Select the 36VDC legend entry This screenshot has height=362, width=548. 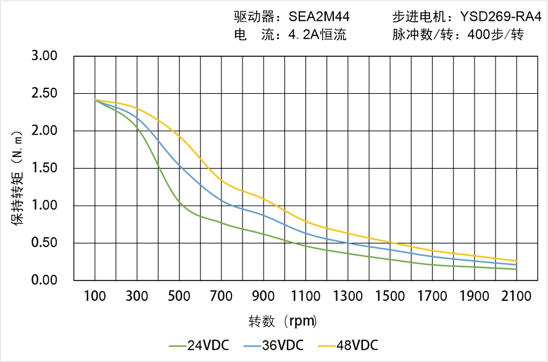click(x=282, y=345)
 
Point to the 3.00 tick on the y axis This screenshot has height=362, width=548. click(x=44, y=56)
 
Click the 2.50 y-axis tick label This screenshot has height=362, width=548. click(x=44, y=93)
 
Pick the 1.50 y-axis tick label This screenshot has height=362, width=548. click(x=44, y=168)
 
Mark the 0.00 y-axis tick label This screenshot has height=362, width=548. click(x=44, y=280)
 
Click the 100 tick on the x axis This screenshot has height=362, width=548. click(x=94, y=297)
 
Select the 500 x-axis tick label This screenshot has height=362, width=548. click(x=179, y=297)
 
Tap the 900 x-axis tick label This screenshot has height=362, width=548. click(x=264, y=297)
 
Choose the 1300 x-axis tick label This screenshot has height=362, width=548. click(x=348, y=297)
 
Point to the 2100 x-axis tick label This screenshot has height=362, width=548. click(x=517, y=297)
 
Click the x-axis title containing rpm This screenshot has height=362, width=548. click(x=283, y=321)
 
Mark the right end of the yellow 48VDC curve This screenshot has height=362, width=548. click(x=517, y=261)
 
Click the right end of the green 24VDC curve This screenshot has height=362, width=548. click(x=517, y=269)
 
